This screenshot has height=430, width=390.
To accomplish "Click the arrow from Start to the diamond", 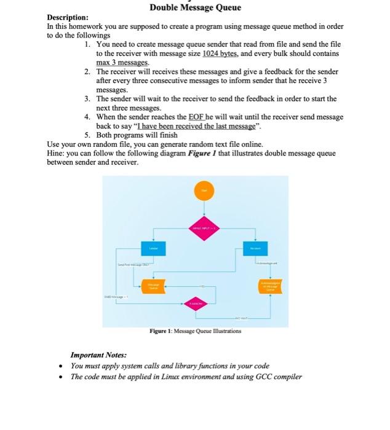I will pos(202,211).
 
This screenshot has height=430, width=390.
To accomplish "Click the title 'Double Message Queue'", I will pos(195,7).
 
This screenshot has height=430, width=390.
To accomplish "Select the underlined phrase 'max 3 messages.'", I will pos(123,63).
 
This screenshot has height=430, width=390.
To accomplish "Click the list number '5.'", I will pos(89,135).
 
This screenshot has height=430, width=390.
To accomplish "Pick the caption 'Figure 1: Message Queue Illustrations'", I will pos(195,331).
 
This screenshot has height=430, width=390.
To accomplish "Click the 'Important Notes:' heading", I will pos(98,355).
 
